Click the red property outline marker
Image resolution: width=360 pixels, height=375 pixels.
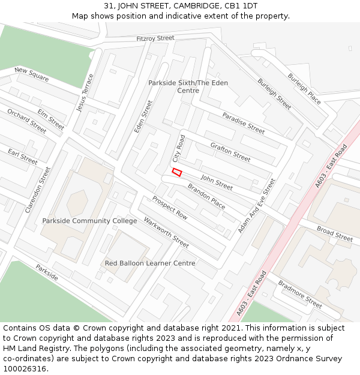click(x=177, y=172)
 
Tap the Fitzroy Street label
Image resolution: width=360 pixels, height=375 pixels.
click(x=155, y=38)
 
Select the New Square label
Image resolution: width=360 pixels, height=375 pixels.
click(x=32, y=75)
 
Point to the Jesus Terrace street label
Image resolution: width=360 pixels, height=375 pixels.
click(x=85, y=92)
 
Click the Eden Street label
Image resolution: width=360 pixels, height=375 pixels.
click(x=144, y=117)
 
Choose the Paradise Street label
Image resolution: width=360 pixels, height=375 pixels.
click(x=243, y=123)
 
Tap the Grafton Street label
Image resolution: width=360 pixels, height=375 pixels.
click(x=230, y=152)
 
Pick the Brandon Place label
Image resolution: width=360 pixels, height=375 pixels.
click(x=206, y=197)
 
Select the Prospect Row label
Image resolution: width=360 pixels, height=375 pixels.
click(x=170, y=208)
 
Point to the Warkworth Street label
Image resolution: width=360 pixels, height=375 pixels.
click(x=166, y=233)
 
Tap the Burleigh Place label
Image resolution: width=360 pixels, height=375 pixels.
click(x=304, y=89)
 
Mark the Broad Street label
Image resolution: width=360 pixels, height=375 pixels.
click(x=335, y=235)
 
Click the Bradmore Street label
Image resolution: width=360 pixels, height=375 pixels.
click(x=300, y=294)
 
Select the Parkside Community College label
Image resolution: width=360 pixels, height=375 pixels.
click(x=89, y=221)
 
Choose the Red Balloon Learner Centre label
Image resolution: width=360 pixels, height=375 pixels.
click(x=150, y=263)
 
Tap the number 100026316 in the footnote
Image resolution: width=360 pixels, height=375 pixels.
click(x=24, y=368)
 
